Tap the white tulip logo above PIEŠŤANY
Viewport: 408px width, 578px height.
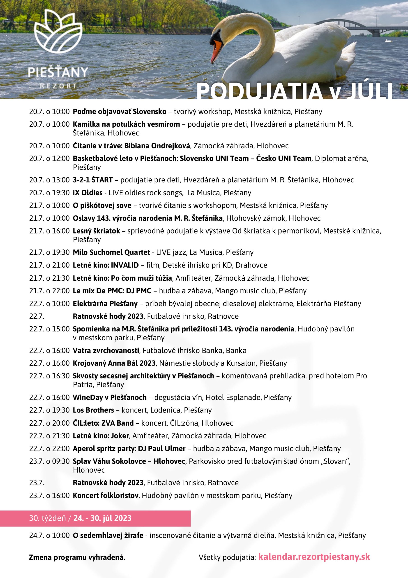58,31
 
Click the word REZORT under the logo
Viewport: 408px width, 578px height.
58,86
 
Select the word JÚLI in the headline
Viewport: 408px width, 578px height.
369,91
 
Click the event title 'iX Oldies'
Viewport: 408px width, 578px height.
88,193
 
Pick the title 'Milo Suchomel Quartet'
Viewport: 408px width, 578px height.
111,252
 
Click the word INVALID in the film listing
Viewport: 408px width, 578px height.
125,265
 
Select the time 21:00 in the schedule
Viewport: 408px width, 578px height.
61,265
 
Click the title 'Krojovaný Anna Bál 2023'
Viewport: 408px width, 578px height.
114,363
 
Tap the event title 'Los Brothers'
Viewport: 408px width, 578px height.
93,410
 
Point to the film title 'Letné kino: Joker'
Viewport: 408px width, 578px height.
101,436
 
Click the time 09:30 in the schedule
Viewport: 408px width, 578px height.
61,461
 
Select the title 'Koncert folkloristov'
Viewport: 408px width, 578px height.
106,495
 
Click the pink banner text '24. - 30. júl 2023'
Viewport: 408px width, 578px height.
102,518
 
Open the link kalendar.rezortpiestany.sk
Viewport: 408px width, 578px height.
314,557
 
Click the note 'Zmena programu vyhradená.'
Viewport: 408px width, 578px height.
77,557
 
